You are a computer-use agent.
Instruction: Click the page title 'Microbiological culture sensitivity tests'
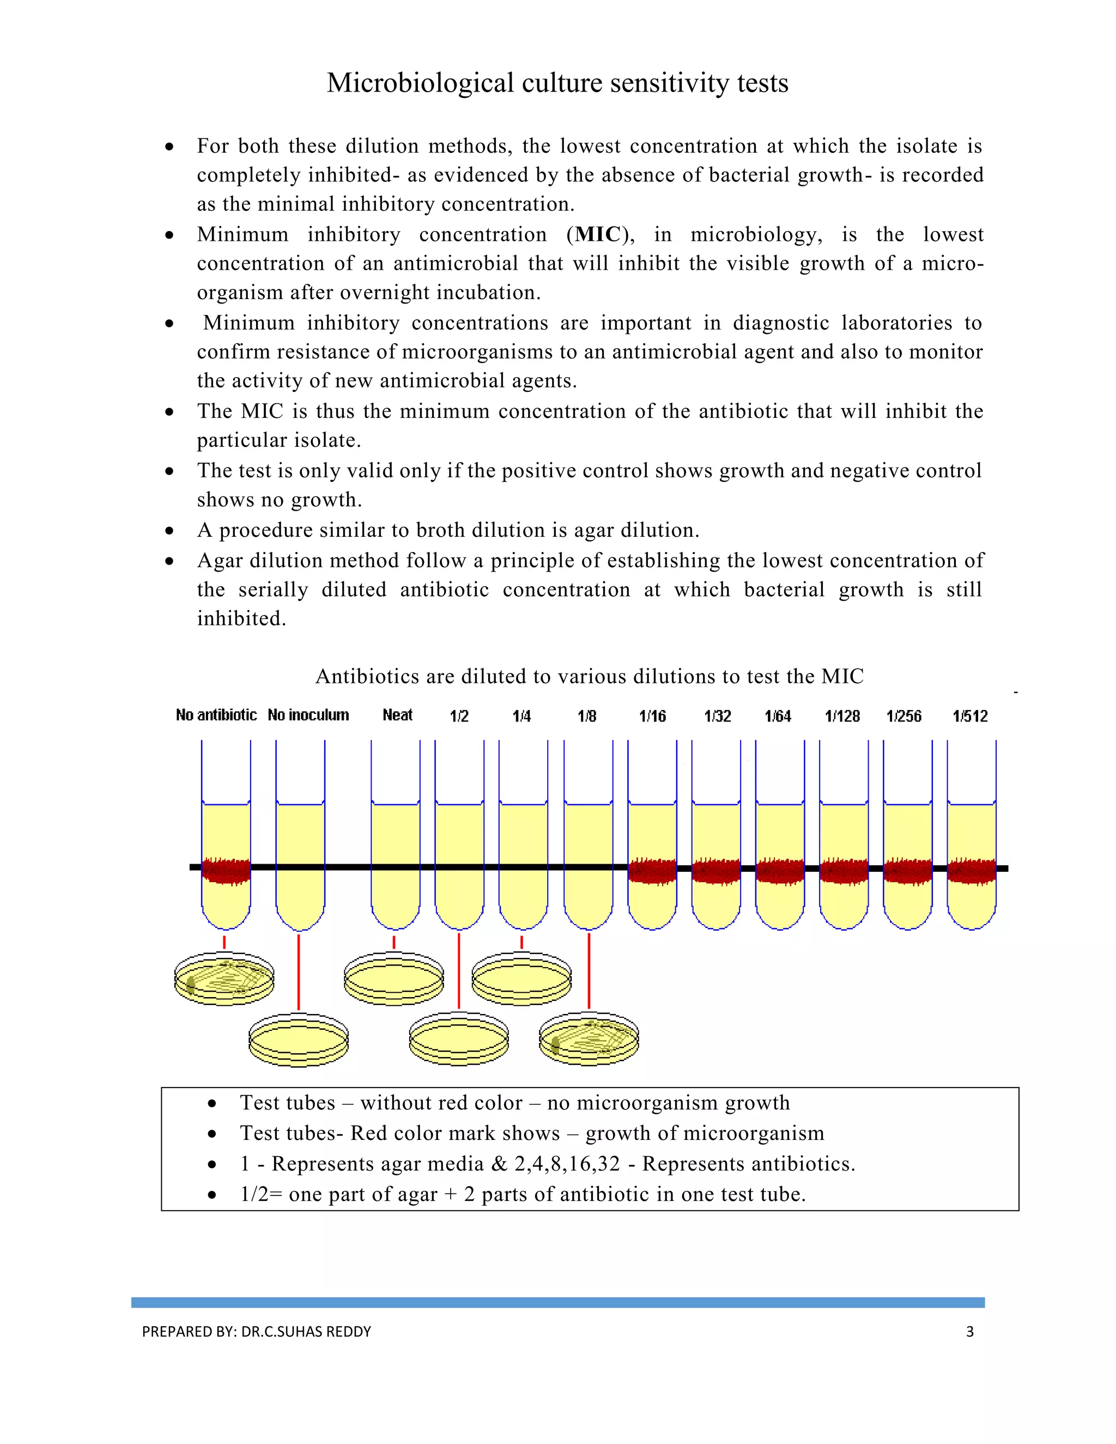(x=557, y=83)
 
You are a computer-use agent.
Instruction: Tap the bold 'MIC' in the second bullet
(x=598, y=234)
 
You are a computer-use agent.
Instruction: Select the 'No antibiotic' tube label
(x=216, y=715)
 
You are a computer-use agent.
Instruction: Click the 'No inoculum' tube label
(x=308, y=715)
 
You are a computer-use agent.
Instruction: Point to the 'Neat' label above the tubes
(x=397, y=715)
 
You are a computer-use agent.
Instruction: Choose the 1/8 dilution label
(x=586, y=716)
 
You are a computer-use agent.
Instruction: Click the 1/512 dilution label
(x=970, y=716)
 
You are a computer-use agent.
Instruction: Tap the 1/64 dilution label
(x=778, y=716)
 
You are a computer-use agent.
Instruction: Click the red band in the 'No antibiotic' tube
(x=226, y=871)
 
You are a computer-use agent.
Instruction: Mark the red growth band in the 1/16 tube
(x=652, y=871)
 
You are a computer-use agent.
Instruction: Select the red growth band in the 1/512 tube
(x=971, y=871)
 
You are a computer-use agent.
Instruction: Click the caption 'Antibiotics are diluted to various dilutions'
(x=589, y=676)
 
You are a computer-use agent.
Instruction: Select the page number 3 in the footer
(x=970, y=1332)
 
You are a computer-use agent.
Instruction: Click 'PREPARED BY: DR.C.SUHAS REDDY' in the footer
(x=257, y=1332)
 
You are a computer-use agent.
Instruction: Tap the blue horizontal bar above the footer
(x=557, y=1302)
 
